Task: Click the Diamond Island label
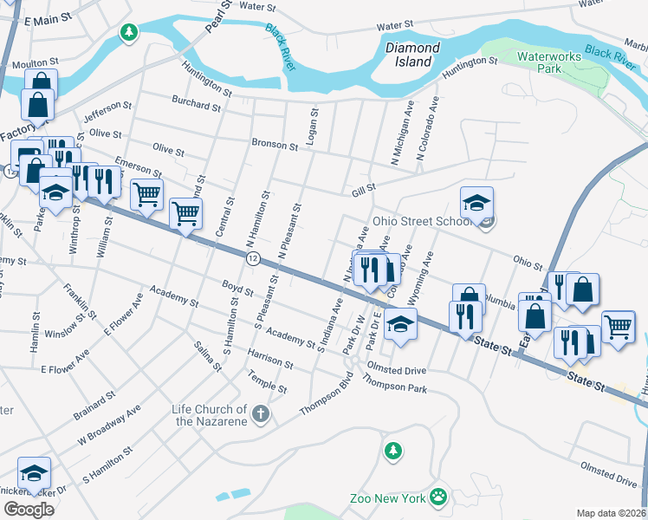pyautogui.click(x=412, y=55)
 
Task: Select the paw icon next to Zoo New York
pyautogui.click(x=440, y=497)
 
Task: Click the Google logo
pyautogui.click(x=28, y=509)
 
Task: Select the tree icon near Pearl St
pyautogui.click(x=128, y=33)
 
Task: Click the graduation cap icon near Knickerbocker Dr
pyautogui.click(x=34, y=473)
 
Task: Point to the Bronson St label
pyautogui.click(x=274, y=144)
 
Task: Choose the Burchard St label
pyautogui.click(x=196, y=104)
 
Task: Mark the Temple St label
pyautogui.click(x=268, y=381)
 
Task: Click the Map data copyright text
pyautogui.click(x=612, y=512)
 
